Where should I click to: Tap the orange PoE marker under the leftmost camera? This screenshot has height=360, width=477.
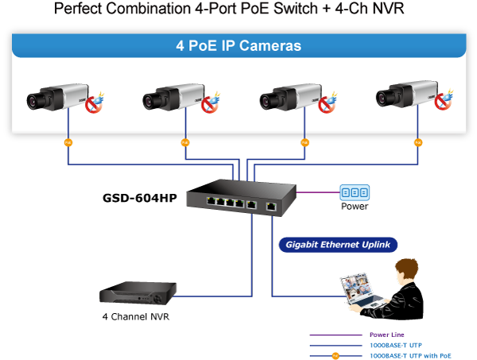coord(68,143)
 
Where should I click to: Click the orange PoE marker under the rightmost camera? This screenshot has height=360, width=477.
coord(418,143)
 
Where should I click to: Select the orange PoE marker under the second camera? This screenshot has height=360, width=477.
coord(185,143)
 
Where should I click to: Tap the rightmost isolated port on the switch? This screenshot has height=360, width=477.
coord(271,206)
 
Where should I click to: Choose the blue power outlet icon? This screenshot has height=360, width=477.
coord(355,192)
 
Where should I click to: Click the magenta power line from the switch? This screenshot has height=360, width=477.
coord(318,192)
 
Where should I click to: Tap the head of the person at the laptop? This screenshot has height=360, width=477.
coord(406,272)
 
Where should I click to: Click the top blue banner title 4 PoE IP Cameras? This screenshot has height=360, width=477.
coord(238,45)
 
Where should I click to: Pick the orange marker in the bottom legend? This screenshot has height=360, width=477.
coord(335,355)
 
